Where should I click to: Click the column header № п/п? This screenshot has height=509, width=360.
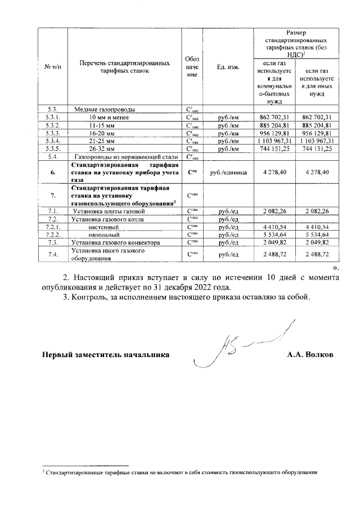coord(53,67)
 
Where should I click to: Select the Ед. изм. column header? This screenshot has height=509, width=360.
coord(228,67)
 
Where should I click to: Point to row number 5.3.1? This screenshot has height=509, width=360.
coord(52,117)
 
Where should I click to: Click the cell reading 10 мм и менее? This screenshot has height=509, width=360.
coord(106,117)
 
